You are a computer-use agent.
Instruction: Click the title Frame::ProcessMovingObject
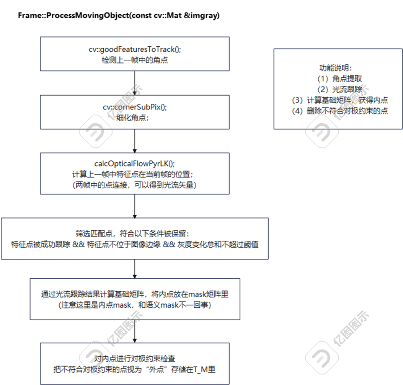(x=119, y=16)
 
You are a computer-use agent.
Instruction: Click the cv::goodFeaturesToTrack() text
(x=135, y=49)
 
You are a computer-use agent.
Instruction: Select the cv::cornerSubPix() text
(x=135, y=107)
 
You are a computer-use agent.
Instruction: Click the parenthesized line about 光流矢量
(x=135, y=185)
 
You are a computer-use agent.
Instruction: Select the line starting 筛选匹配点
(x=135, y=233)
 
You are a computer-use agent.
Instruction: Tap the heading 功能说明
(x=338, y=68)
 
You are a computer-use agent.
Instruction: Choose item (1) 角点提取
(x=338, y=78)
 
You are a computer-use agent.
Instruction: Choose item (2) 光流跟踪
(x=338, y=89)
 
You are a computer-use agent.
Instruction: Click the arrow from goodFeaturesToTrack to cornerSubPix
(x=135, y=83)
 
